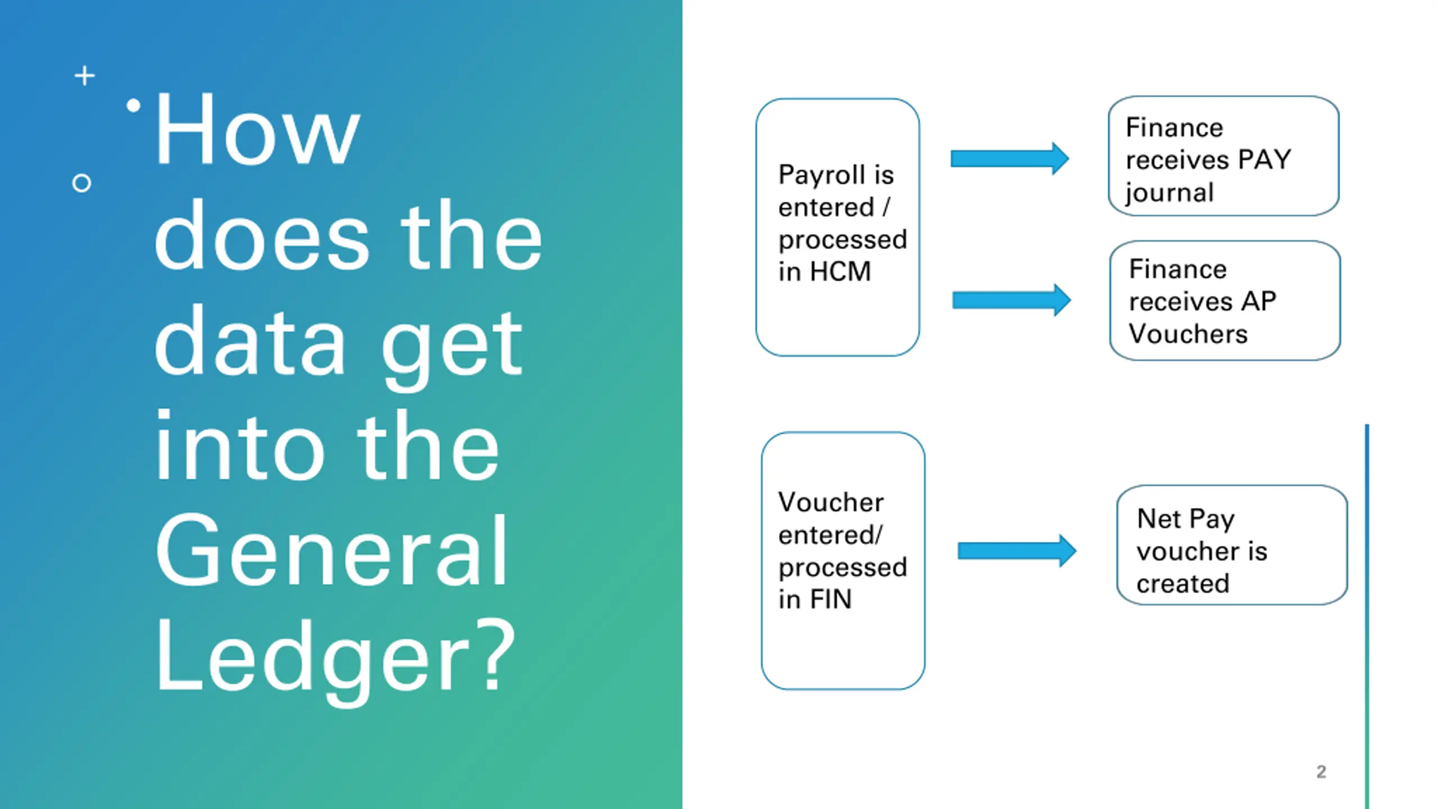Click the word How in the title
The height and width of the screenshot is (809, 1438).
pyautogui.click(x=257, y=130)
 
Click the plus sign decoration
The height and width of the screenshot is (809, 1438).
pyautogui.click(x=85, y=76)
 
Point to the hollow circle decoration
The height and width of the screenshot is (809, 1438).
pyautogui.click(x=82, y=183)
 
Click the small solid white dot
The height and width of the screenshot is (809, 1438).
pyautogui.click(x=133, y=106)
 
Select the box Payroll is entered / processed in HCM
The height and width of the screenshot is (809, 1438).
pyautogui.click(x=838, y=227)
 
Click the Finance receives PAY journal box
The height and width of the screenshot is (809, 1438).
pyautogui.click(x=1223, y=156)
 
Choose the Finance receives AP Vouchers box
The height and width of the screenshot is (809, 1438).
pyautogui.click(x=1225, y=301)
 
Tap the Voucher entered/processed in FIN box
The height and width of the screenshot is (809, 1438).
pyautogui.click(x=843, y=561)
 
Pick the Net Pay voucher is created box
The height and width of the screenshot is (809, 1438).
pyautogui.click(x=1231, y=545)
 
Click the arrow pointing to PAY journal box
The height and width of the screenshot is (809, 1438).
pyautogui.click(x=1009, y=159)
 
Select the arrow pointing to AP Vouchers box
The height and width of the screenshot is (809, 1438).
pyautogui.click(x=1011, y=301)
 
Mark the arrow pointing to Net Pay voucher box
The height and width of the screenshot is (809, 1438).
pyautogui.click(x=1017, y=551)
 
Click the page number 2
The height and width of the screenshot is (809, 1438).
pyautogui.click(x=1321, y=772)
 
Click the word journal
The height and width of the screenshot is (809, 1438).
pyautogui.click(x=1169, y=193)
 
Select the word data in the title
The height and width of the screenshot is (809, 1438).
pyautogui.click(x=250, y=342)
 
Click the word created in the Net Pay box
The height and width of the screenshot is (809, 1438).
pyautogui.click(x=1182, y=584)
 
